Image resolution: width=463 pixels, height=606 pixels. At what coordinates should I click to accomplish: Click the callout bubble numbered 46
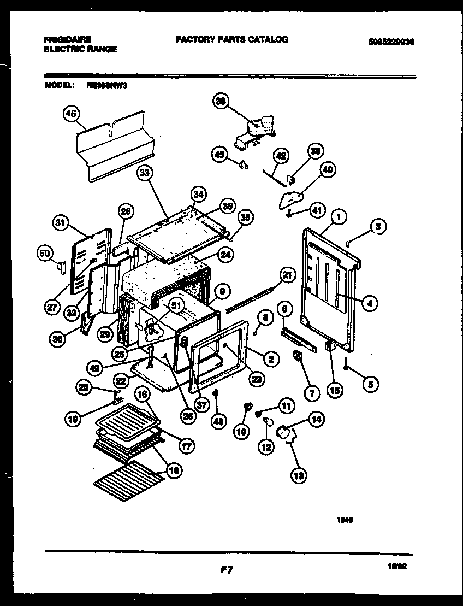click(72, 114)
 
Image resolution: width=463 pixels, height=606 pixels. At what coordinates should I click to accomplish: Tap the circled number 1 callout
click(339, 217)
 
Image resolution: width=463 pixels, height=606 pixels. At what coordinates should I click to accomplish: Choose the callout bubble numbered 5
click(370, 384)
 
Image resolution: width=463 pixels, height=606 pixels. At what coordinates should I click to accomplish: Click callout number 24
click(224, 254)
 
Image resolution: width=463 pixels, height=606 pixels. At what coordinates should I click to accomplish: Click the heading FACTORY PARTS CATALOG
click(231, 39)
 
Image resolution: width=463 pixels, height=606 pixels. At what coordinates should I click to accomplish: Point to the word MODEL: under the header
click(57, 85)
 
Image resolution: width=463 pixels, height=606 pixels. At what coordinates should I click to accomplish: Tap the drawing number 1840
click(344, 520)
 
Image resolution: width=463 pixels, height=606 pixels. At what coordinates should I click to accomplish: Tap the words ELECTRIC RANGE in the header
click(80, 49)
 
